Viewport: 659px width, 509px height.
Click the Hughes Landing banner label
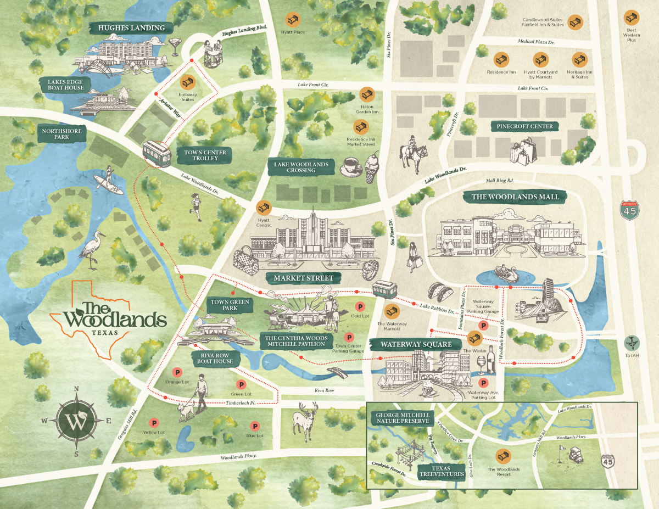click(x=131, y=27)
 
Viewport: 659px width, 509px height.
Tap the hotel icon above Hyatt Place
click(x=292, y=19)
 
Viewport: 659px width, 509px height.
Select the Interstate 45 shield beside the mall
click(x=630, y=211)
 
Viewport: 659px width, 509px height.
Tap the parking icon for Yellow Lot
click(x=154, y=423)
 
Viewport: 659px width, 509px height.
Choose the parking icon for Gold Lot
click(x=360, y=306)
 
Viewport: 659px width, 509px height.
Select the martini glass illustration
click(x=176, y=46)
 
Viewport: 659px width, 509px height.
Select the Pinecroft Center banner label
click(x=524, y=126)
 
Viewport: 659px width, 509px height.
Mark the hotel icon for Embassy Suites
click(x=187, y=81)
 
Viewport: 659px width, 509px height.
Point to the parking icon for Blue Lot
click(x=254, y=426)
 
